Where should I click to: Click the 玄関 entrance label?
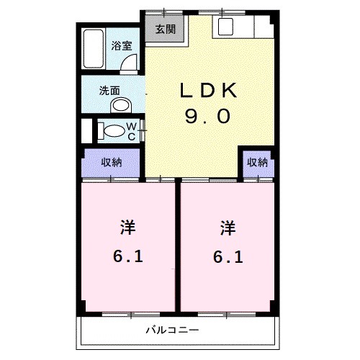164,29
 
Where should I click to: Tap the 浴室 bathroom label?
121,45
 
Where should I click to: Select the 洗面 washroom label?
109,91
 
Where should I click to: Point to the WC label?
132,131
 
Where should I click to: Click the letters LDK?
209,91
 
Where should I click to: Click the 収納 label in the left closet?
111,162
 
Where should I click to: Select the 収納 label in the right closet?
258,162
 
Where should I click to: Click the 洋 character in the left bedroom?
127,229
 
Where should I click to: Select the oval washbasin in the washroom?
120,106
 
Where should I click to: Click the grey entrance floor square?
164,30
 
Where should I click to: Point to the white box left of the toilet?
87,131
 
